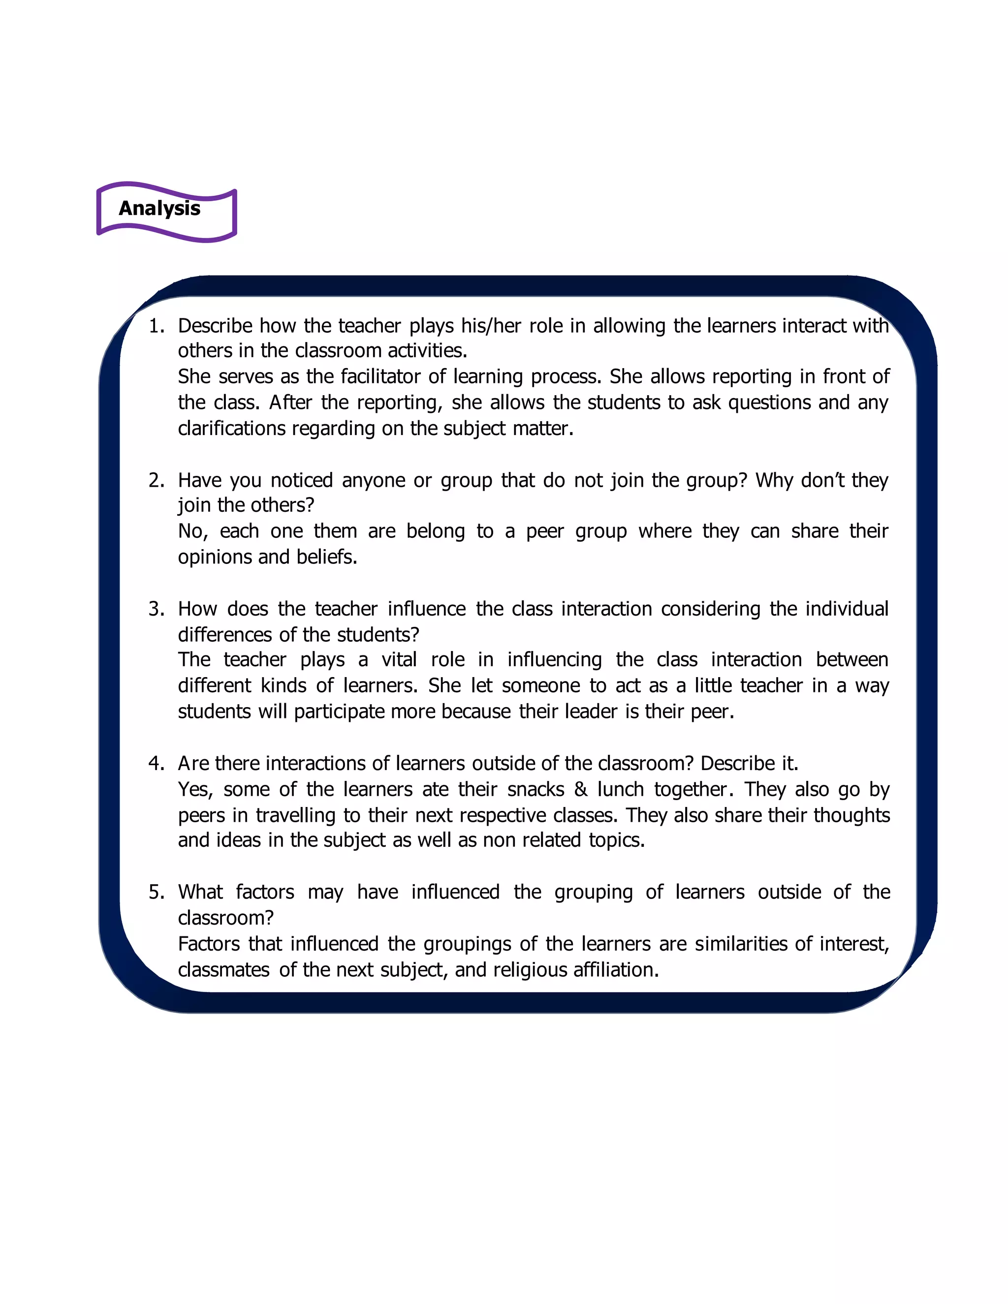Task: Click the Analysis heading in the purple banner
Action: point(159,208)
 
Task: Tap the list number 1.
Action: point(156,326)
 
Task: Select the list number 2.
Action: point(156,481)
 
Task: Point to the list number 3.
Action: point(156,609)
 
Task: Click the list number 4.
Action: point(156,764)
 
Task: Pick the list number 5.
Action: point(156,892)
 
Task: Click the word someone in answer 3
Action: point(540,685)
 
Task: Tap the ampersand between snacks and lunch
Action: point(580,789)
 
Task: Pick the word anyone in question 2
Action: point(373,481)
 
